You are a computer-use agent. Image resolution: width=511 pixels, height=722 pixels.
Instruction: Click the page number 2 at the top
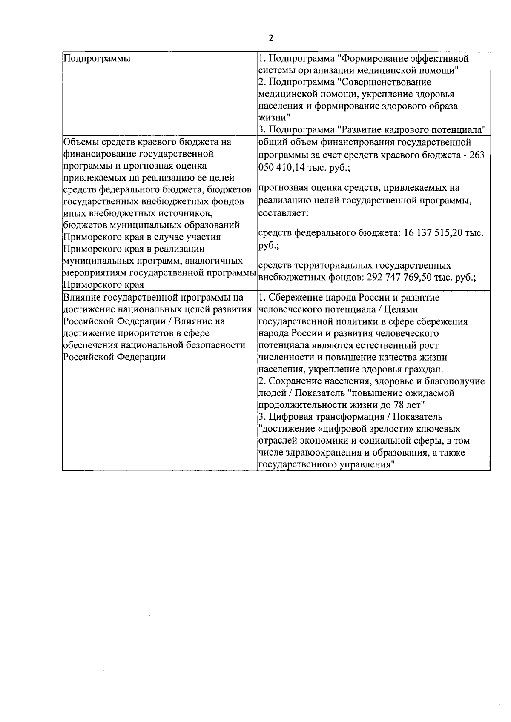pos(271,38)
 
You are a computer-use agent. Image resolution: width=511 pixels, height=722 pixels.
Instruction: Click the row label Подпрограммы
pos(97,59)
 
